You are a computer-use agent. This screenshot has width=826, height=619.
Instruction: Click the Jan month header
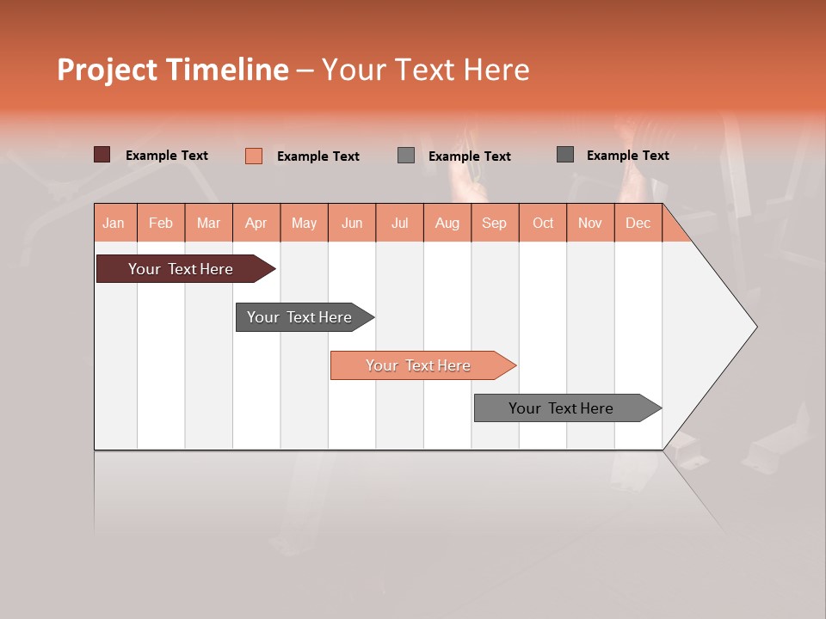pyautogui.click(x=114, y=223)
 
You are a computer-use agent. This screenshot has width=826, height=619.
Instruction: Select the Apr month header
pyautogui.click(x=256, y=223)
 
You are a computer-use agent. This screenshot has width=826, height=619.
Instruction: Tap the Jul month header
pyautogui.click(x=399, y=223)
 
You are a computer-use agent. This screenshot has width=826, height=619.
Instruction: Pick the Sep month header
pyautogui.click(x=494, y=223)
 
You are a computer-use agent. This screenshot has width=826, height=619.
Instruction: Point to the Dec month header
pyautogui.click(x=638, y=223)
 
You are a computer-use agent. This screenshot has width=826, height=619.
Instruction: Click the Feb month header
pyautogui.click(x=161, y=223)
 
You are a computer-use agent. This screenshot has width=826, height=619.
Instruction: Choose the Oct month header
pyautogui.click(x=543, y=223)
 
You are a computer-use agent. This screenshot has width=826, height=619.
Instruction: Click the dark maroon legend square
pyautogui.click(x=102, y=155)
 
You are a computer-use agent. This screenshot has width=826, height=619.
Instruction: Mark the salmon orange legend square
pyautogui.click(x=254, y=156)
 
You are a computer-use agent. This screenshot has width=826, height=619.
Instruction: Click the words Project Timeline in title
pyautogui.click(x=173, y=70)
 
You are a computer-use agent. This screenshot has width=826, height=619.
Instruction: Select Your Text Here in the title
pyautogui.click(x=425, y=70)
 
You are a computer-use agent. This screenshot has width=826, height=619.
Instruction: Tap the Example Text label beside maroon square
pyautogui.click(x=167, y=156)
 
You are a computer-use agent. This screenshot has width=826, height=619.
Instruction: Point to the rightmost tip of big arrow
pyautogui.click(x=755, y=327)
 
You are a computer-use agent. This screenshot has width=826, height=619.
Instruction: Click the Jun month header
pyautogui.click(x=352, y=223)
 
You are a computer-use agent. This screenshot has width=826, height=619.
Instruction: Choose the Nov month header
pyautogui.click(x=590, y=223)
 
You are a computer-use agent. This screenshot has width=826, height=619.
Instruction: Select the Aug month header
pyautogui.click(x=447, y=223)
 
